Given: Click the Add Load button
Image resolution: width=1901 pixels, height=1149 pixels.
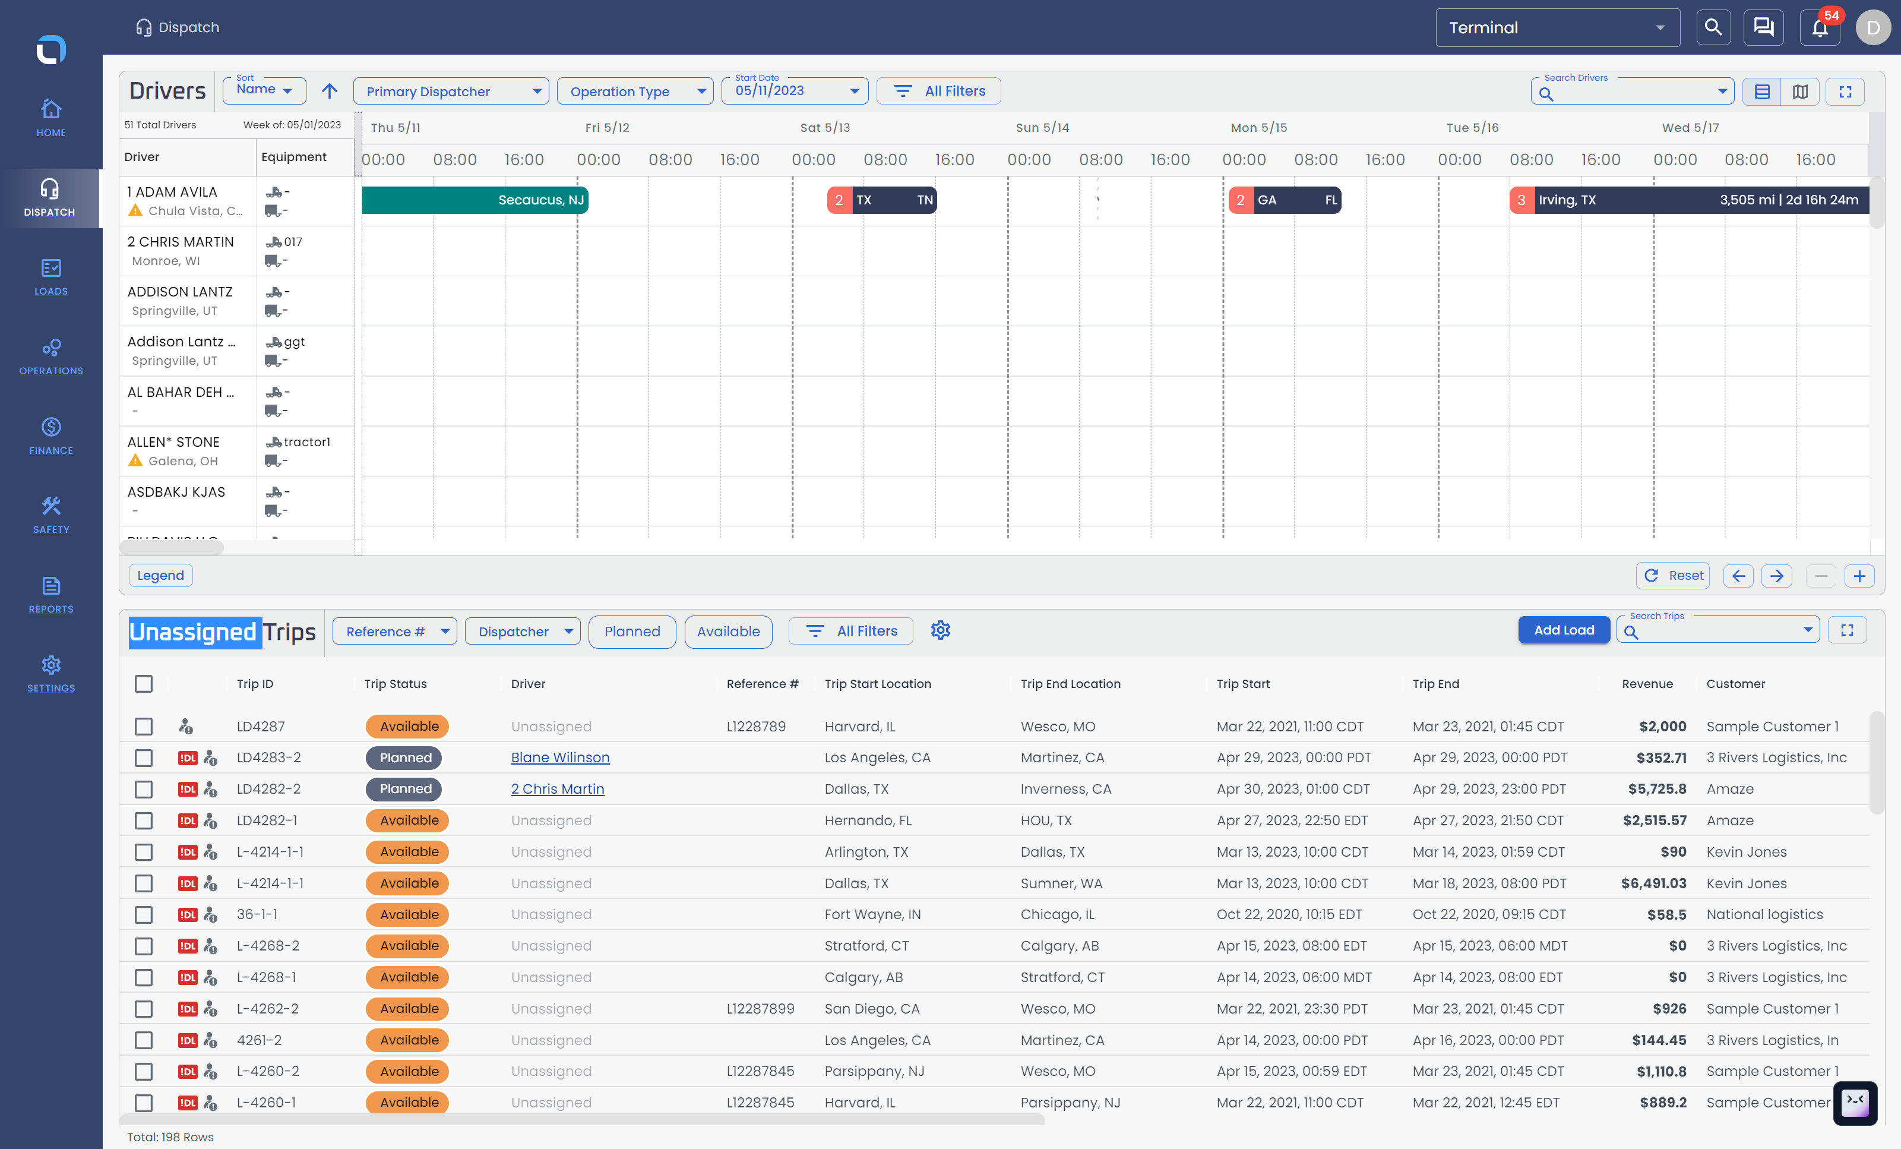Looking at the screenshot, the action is tap(1563, 630).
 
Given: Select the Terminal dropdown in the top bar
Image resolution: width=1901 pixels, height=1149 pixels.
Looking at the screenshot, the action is tap(1557, 28).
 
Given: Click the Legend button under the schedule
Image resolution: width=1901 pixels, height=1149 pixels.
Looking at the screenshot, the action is tap(160, 576).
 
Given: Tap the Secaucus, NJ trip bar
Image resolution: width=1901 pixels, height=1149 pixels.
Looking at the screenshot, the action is tap(475, 200).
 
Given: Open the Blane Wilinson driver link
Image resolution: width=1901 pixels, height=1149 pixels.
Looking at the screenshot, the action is tap(560, 757).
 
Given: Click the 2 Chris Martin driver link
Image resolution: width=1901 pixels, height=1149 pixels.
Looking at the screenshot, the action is tap(557, 788).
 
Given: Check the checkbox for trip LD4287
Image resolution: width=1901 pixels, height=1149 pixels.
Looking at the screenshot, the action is tap(144, 726).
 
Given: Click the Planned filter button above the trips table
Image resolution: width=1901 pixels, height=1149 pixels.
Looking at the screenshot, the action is tap(632, 631).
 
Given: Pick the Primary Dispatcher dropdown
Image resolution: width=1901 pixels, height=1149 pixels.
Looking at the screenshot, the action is tap(451, 91).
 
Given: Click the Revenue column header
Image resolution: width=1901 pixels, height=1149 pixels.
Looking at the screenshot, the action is tap(1647, 684).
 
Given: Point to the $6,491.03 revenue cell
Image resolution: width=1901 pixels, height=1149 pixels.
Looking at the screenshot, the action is tap(1653, 883).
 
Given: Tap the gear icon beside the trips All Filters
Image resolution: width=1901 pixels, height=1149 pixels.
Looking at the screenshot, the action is tap(941, 630).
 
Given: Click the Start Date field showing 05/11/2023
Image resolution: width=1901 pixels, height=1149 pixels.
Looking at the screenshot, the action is tap(795, 91).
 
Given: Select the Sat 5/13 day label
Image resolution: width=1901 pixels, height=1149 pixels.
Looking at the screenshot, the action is tap(825, 127).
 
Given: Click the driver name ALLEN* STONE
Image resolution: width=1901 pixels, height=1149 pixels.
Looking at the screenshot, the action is tap(173, 442).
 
